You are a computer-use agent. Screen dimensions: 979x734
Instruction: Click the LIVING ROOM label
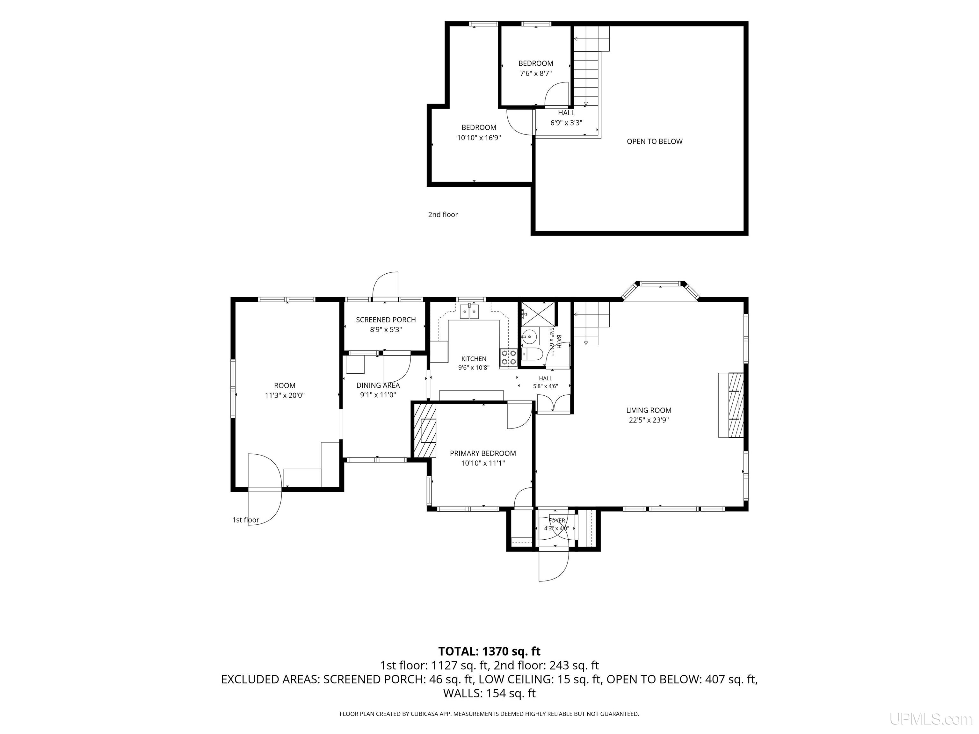pyautogui.click(x=649, y=410)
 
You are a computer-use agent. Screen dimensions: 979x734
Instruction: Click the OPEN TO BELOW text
pyautogui.click(x=655, y=141)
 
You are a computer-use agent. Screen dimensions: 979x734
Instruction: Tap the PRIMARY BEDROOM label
pyautogui.click(x=483, y=453)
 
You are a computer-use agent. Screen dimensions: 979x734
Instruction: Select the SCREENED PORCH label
pyautogui.click(x=386, y=320)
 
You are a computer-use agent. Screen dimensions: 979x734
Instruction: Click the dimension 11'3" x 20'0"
pyautogui.click(x=285, y=396)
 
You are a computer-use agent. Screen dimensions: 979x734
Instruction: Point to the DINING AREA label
pyautogui.click(x=378, y=385)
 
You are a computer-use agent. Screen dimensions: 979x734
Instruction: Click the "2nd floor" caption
pyautogui.click(x=443, y=215)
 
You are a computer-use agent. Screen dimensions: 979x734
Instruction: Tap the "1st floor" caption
pyautogui.click(x=246, y=520)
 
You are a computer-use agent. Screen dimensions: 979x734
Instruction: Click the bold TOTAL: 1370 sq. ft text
pyautogui.click(x=489, y=651)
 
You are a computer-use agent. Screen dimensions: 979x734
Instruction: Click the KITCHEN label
pyautogui.click(x=474, y=359)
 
